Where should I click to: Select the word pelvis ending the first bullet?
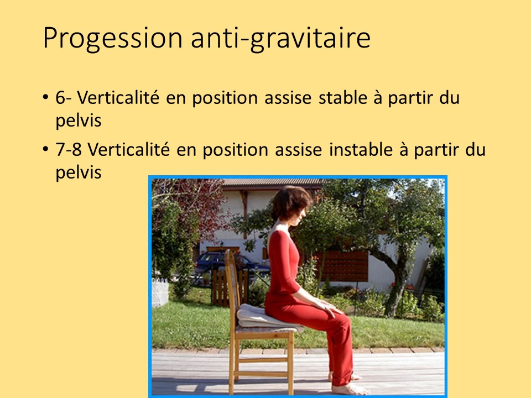click(79, 121)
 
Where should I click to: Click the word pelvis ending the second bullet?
click(79, 172)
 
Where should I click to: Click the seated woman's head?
click(290, 203)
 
